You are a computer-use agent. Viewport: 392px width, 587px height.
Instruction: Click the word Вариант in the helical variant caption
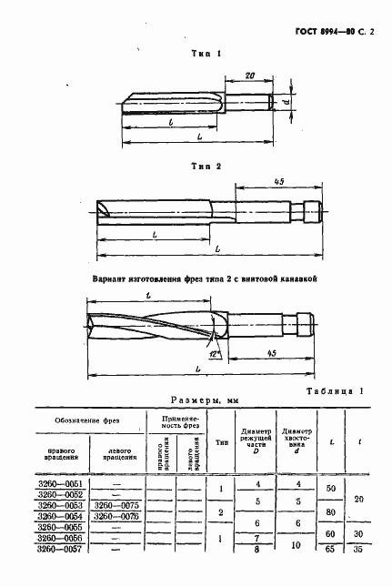[113, 280]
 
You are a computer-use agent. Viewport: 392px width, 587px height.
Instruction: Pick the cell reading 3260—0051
[58, 483]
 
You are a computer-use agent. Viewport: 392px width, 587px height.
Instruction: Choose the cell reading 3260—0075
[116, 505]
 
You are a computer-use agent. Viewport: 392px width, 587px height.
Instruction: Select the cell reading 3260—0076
[116, 516]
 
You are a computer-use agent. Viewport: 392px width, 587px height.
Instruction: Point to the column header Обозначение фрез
[89, 420]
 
